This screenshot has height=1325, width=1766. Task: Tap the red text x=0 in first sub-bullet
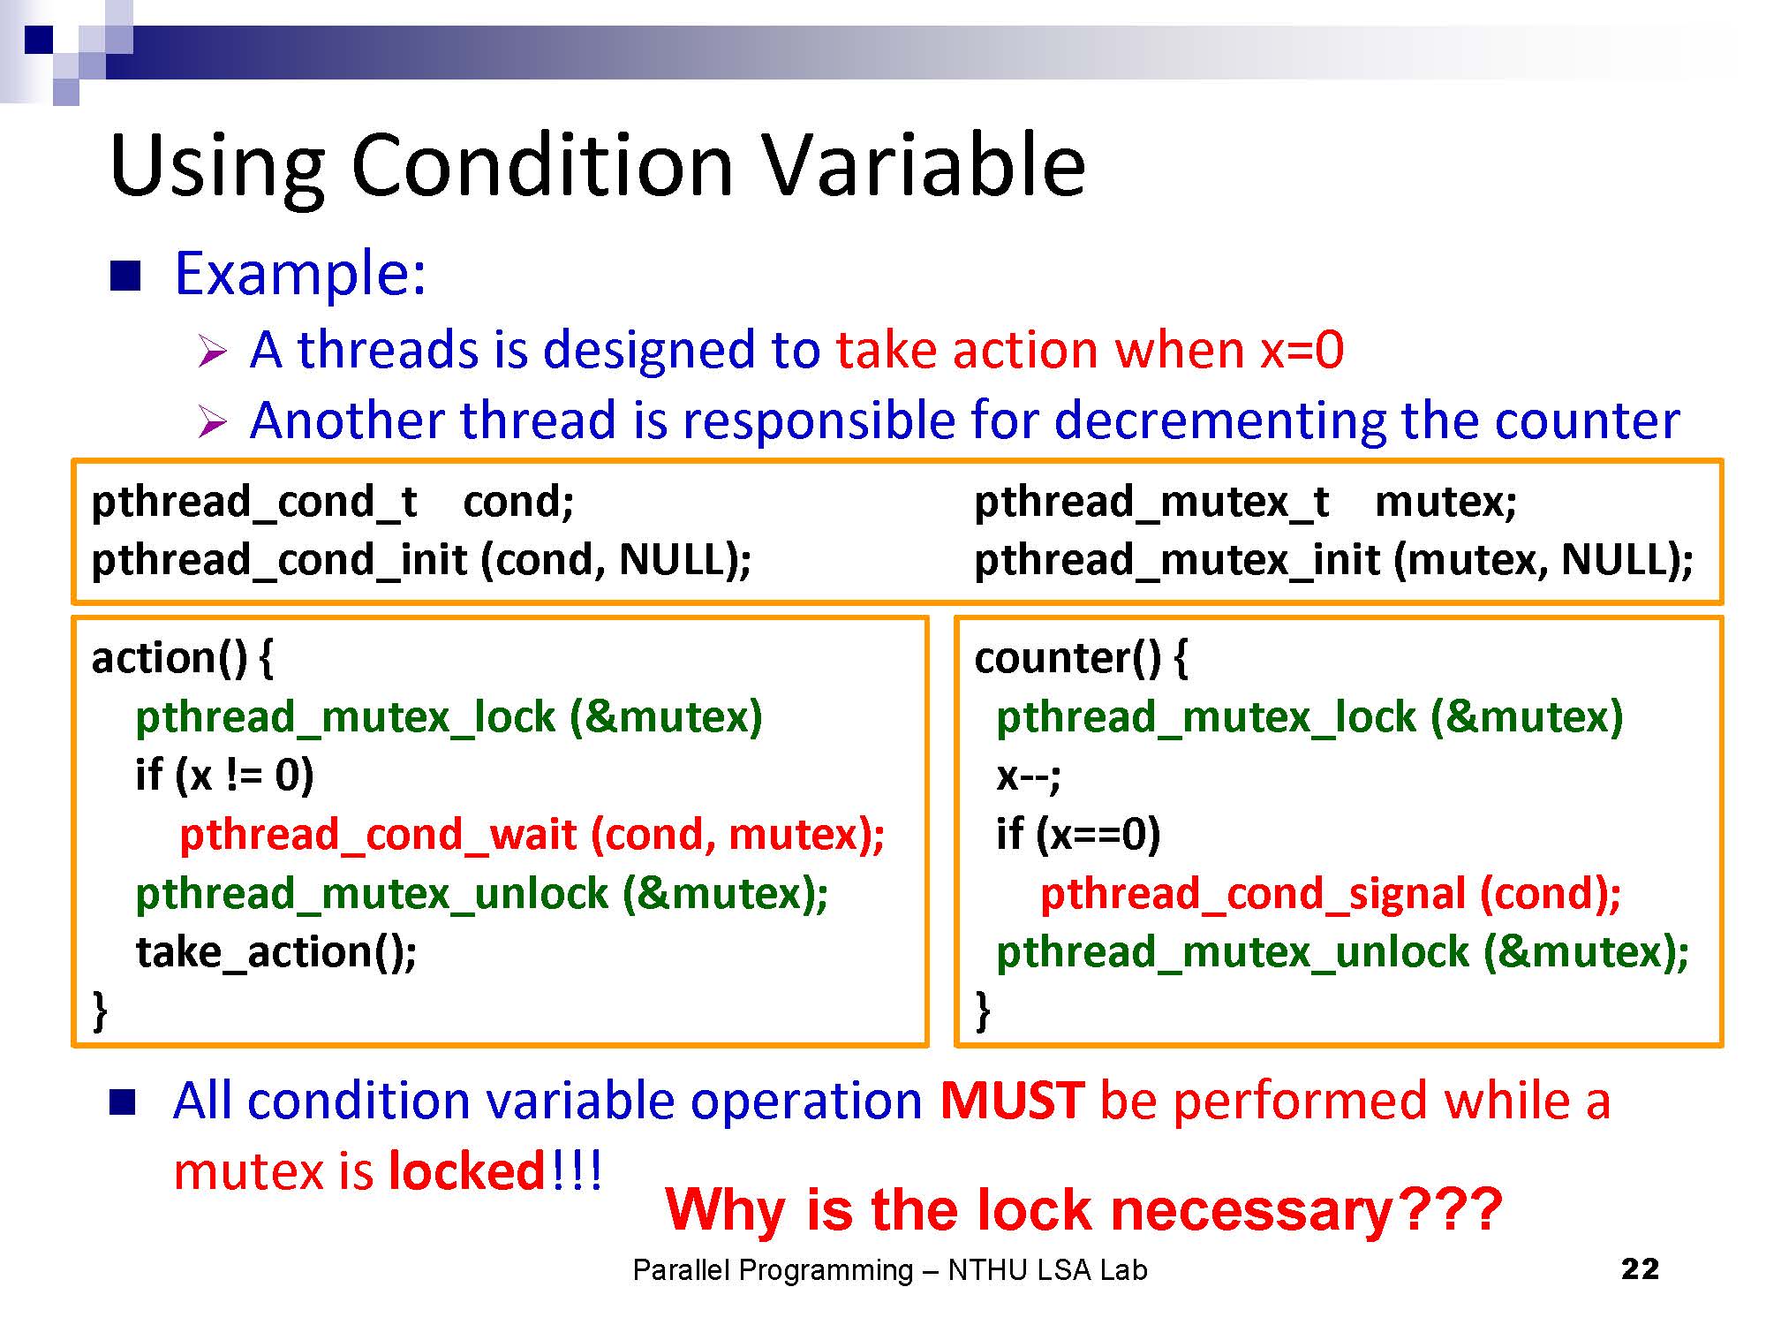coord(1302,350)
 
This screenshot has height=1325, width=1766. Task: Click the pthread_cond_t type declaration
coord(254,503)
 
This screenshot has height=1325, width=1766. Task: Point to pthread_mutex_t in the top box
coord(1151,503)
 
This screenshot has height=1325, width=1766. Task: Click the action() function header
coord(183,658)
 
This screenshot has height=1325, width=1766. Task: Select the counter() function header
coord(1082,658)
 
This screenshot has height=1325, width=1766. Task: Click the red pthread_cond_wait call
coord(532,835)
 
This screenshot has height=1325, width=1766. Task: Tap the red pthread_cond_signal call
coord(1331,893)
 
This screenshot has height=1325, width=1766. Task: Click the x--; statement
coord(1028,776)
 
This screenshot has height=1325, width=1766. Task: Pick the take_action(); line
coord(276,952)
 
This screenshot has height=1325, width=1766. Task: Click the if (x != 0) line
coord(224,776)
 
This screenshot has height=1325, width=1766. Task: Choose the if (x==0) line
coord(1078,835)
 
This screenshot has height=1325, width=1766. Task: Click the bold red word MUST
coord(1012,1101)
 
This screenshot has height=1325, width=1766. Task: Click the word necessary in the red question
coord(1251,1210)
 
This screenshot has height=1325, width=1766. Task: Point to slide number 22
coord(1640,1269)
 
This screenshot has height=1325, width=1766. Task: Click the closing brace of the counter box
coord(982,1011)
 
